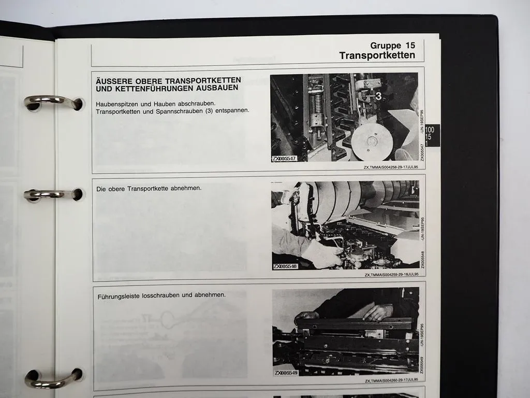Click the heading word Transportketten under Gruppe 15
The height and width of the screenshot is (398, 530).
[377, 55]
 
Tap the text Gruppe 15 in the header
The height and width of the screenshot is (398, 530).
[393, 46]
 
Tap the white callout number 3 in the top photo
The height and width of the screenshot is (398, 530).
[379, 96]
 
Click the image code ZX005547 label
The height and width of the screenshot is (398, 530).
[284, 159]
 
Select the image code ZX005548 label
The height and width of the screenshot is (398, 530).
[286, 266]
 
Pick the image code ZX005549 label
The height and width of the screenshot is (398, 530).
[286, 373]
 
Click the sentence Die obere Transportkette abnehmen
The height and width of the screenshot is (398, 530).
[149, 189]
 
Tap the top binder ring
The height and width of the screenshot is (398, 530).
[52, 102]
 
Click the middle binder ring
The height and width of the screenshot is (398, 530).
[52, 195]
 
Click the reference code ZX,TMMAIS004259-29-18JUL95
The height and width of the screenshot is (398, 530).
[391, 275]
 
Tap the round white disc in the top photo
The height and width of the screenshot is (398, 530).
[371, 141]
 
